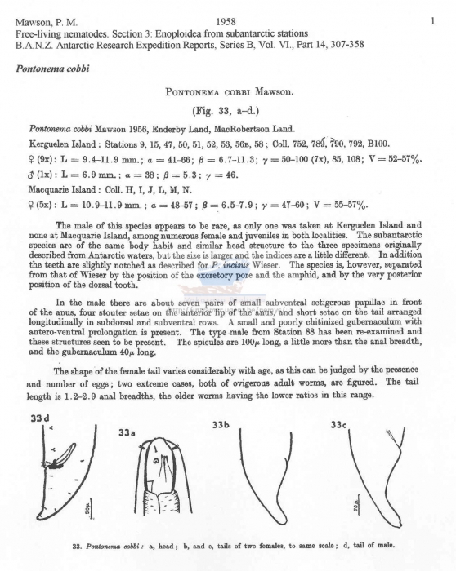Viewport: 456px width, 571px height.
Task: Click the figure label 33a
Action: [127, 434]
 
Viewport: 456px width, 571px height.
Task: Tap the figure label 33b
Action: [221, 425]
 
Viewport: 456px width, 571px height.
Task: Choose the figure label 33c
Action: [339, 425]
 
